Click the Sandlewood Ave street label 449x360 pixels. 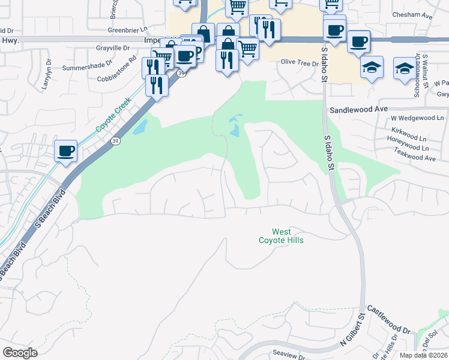click(x=359, y=110)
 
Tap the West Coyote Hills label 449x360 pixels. click(x=281, y=236)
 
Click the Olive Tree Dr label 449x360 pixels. click(x=300, y=62)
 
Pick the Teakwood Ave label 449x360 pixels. click(x=413, y=158)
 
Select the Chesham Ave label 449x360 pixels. click(x=412, y=16)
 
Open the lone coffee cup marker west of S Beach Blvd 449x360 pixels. click(x=66, y=151)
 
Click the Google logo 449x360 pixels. click(x=20, y=353)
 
